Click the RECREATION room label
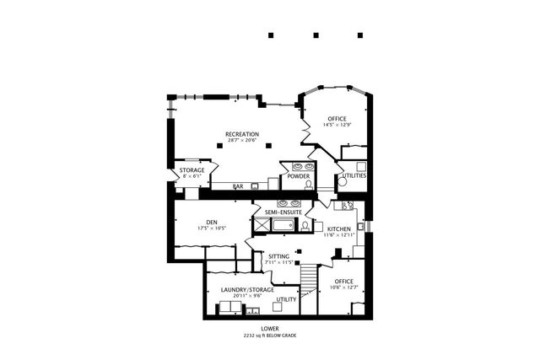click(241, 134)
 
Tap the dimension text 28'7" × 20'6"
click(241, 141)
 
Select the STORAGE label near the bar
click(192, 170)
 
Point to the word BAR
click(239, 186)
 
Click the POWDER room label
click(298, 176)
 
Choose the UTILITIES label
click(353, 176)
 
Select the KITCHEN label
click(338, 228)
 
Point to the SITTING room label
click(278, 256)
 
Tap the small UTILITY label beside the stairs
click(286, 299)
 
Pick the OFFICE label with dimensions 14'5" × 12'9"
click(337, 118)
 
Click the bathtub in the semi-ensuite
click(283, 225)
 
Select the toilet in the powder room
click(309, 183)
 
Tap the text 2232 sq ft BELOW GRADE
click(269, 336)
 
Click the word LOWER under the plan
click(269, 328)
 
